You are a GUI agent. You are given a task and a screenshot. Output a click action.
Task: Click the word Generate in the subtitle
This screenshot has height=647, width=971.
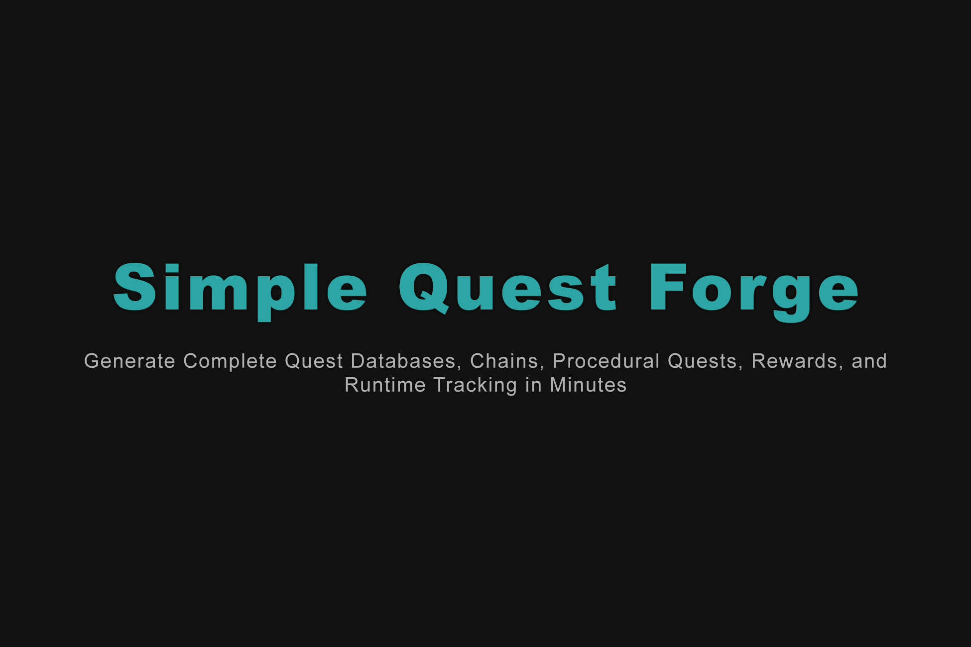[129, 361]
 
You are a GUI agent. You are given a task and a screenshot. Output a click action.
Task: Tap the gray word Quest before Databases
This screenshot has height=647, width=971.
[314, 361]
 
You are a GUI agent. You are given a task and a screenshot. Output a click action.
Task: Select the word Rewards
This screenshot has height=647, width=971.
[794, 361]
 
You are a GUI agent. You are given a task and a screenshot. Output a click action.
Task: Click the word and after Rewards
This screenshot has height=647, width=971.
[869, 361]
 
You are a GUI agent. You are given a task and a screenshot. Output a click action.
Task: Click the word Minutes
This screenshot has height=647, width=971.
[588, 385]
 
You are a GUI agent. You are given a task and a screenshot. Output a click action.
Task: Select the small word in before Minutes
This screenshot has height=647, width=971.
[533, 385]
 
